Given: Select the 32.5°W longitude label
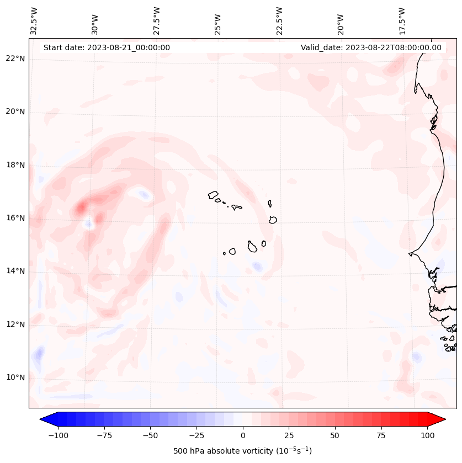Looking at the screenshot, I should click(35, 20).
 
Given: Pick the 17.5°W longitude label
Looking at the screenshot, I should click(402, 20).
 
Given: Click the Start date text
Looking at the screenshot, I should click(107, 47).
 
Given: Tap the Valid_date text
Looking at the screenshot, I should click(371, 47).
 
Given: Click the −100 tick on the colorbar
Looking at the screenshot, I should click(58, 435).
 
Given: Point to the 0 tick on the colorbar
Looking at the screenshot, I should click(243, 435).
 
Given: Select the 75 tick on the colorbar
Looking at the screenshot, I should click(381, 435).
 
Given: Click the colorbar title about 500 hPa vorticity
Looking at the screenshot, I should click(242, 451).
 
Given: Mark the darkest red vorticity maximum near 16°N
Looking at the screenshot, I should click(81, 208).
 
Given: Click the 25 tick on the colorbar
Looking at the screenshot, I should click(289, 435).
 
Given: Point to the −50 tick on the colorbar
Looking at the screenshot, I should click(150, 435).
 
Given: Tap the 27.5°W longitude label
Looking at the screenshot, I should click(157, 20).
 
